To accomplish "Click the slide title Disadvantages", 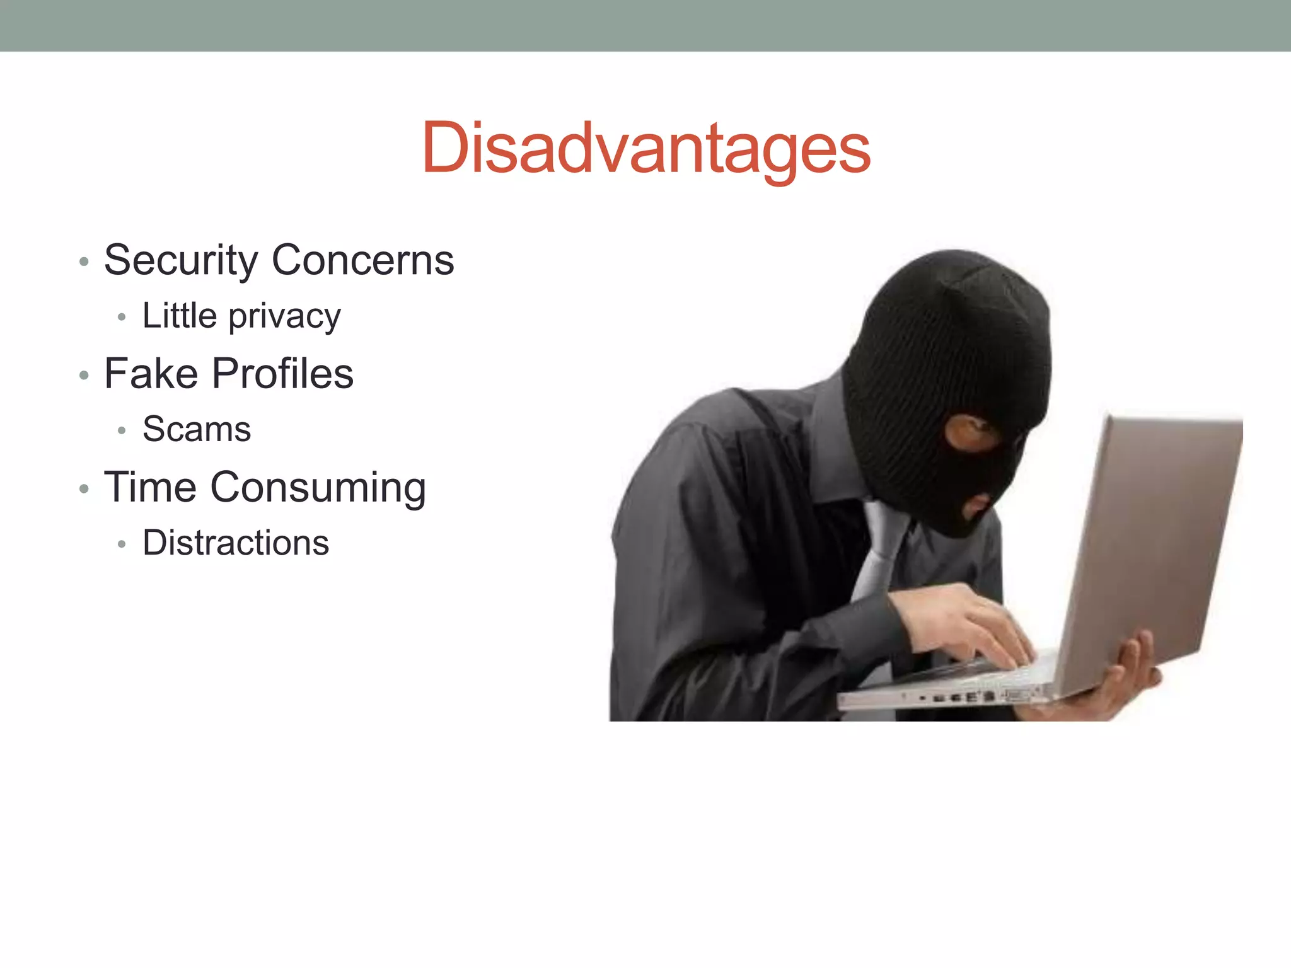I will (645, 149).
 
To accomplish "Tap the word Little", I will (180, 315).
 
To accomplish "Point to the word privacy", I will (284, 317).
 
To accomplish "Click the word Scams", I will (197, 429).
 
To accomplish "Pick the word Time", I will (150, 487).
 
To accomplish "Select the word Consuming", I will (318, 488).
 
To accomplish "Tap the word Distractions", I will (236, 543).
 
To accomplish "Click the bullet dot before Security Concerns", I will (84, 262).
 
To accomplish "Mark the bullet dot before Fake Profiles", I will (84, 376).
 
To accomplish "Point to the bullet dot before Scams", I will (122, 431).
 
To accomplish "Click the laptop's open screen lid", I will (1154, 542).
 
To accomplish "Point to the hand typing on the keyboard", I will (971, 624).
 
